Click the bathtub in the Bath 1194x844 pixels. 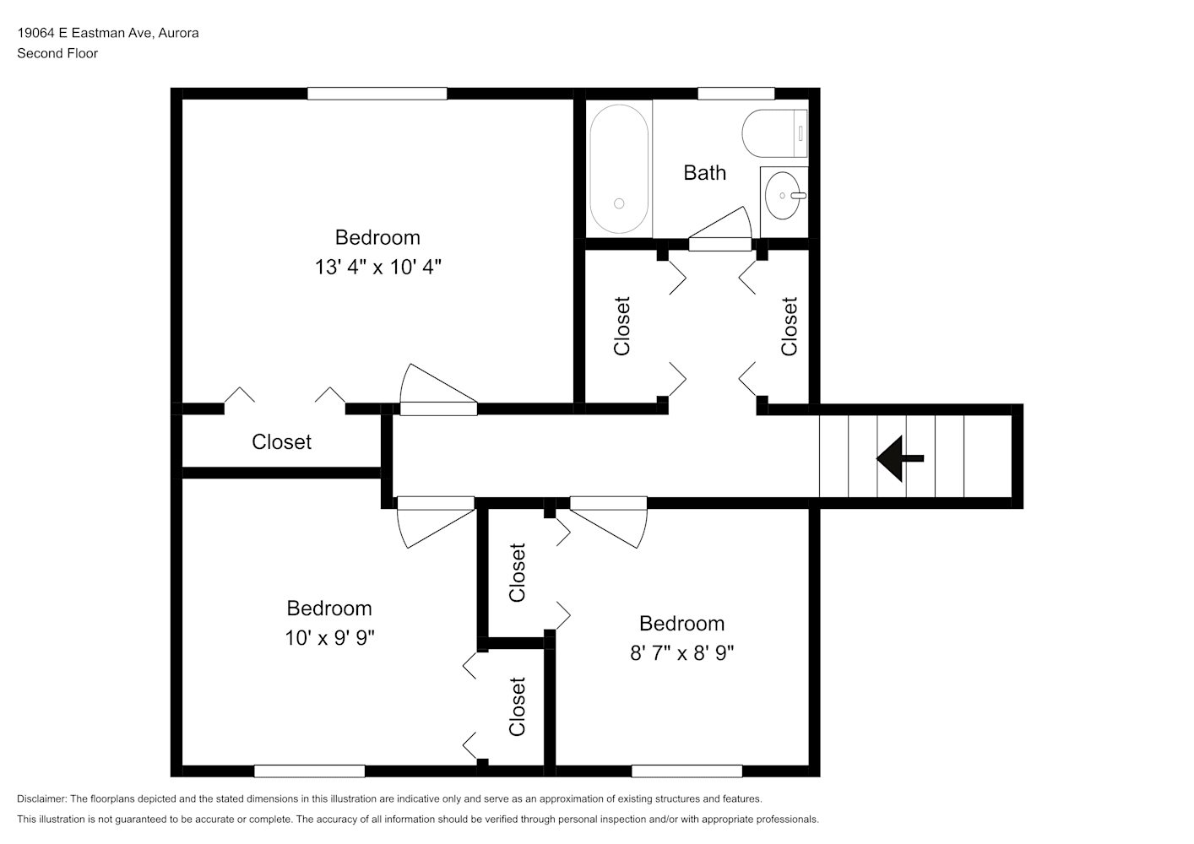[x=619, y=168]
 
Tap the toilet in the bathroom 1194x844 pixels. [x=774, y=133]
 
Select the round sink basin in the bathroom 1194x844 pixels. [x=783, y=196]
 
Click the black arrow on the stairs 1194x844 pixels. [x=900, y=458]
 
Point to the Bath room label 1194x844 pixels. [x=705, y=173]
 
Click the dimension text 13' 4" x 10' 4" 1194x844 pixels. [x=378, y=267]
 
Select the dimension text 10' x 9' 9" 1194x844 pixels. [x=329, y=638]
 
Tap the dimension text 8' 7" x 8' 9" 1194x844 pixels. [x=681, y=652]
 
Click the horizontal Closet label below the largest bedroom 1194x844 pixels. [x=281, y=441]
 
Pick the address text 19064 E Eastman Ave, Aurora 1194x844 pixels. [x=108, y=33]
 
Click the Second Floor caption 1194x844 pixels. [x=57, y=53]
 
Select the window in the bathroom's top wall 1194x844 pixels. [x=735, y=94]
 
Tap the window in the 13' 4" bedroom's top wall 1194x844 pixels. [x=377, y=94]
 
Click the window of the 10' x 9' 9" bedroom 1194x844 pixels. [x=309, y=771]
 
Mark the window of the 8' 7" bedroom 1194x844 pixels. [x=687, y=771]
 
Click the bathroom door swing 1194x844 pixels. [x=720, y=229]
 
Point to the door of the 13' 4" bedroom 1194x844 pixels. [x=438, y=389]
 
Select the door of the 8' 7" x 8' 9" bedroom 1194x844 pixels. [x=609, y=522]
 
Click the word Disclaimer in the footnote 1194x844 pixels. [x=42, y=798]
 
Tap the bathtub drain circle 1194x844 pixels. [x=619, y=203]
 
